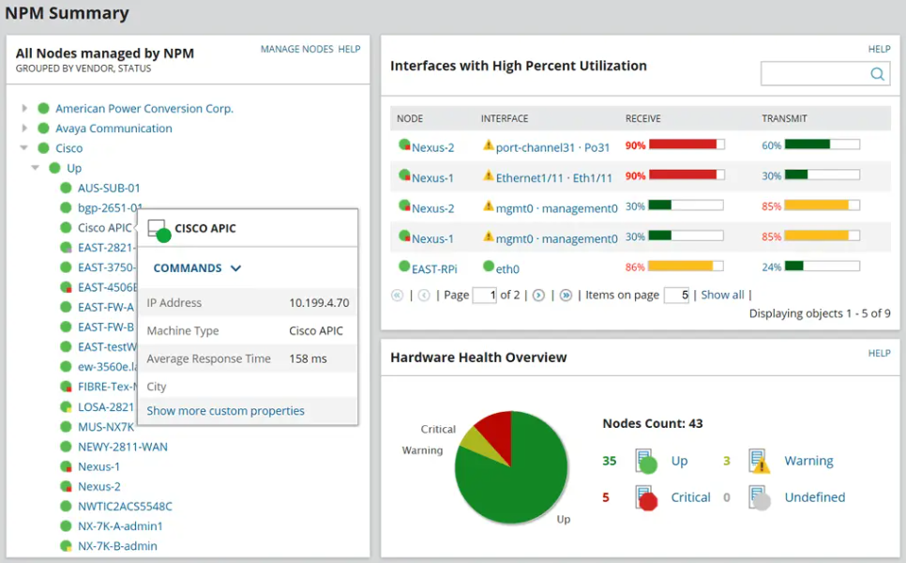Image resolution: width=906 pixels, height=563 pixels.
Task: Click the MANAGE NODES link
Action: (x=296, y=49)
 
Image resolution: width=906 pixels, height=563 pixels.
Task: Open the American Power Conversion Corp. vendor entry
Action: (x=143, y=109)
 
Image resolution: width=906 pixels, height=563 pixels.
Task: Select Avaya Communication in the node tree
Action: (x=113, y=129)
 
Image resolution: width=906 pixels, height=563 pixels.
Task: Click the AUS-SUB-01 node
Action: (x=109, y=188)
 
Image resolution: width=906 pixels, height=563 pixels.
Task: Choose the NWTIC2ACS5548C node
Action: (x=125, y=506)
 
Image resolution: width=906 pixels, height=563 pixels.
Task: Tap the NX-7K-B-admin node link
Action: (x=117, y=546)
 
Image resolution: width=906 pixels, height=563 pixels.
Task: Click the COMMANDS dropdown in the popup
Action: (x=197, y=268)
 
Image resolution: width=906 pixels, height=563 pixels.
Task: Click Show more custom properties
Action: (x=225, y=411)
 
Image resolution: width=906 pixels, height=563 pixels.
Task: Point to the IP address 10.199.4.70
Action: (x=319, y=303)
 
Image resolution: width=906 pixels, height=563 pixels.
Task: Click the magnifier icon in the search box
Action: (x=877, y=74)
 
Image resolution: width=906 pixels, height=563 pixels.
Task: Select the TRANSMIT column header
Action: (x=784, y=119)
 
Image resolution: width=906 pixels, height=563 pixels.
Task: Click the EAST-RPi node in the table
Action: (x=434, y=269)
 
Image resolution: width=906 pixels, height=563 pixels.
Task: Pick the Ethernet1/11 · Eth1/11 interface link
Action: (x=553, y=178)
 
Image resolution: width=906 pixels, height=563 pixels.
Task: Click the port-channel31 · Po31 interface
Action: (x=552, y=147)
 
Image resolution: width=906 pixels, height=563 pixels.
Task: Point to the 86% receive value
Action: (x=635, y=267)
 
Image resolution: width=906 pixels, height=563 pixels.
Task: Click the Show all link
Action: (x=722, y=295)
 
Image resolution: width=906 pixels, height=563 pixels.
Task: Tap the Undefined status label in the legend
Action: (x=814, y=497)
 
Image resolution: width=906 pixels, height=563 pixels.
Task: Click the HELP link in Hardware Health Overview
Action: (x=879, y=354)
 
